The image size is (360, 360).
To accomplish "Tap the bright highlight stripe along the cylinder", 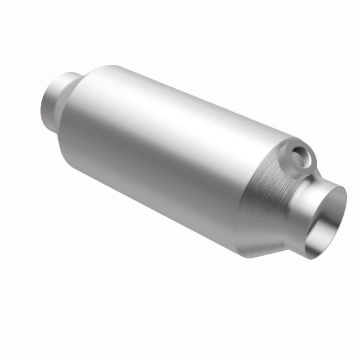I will pos(168,120).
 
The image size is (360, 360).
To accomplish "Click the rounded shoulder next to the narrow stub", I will pos(81,87).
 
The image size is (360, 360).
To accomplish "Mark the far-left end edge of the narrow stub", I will pos(43,103).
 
